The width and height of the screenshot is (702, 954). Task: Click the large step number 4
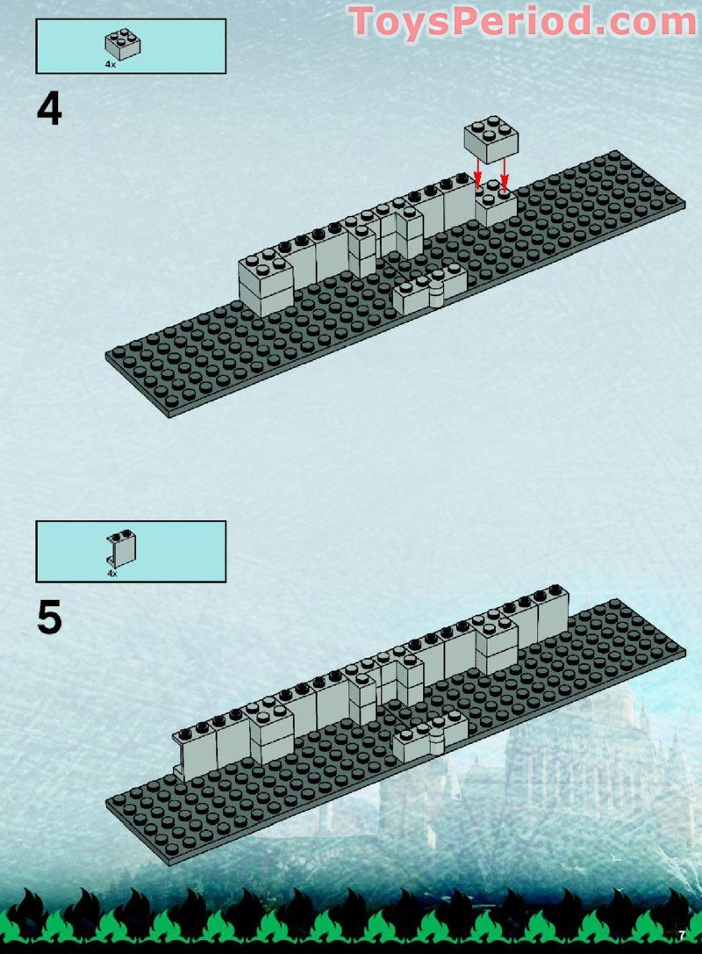(49, 110)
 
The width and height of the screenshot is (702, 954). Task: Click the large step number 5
(49, 618)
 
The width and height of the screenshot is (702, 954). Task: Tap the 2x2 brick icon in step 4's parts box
(124, 44)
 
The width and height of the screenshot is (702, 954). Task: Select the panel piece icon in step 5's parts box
(122, 548)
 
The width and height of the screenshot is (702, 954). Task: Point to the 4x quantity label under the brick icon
(111, 64)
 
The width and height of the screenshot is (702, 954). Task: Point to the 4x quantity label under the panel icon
(111, 573)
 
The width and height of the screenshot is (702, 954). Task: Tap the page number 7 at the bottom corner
(681, 933)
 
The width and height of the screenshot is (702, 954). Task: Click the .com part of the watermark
(635, 22)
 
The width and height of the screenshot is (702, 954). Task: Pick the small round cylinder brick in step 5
(436, 740)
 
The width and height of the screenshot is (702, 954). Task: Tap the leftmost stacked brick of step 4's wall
(264, 281)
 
